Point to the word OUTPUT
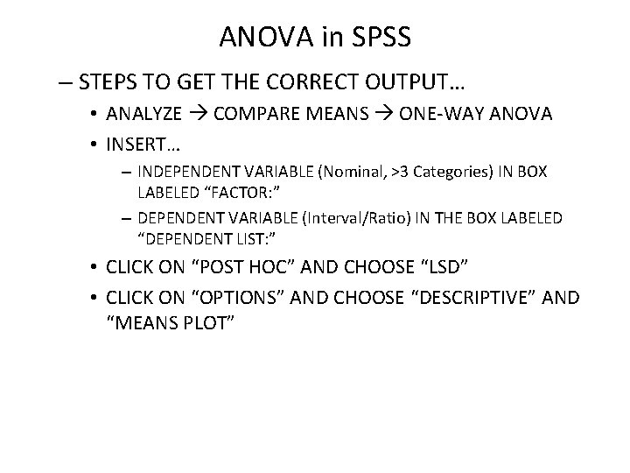[x=412, y=84]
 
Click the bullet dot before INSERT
[x=94, y=141]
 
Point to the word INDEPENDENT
[x=198, y=173]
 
